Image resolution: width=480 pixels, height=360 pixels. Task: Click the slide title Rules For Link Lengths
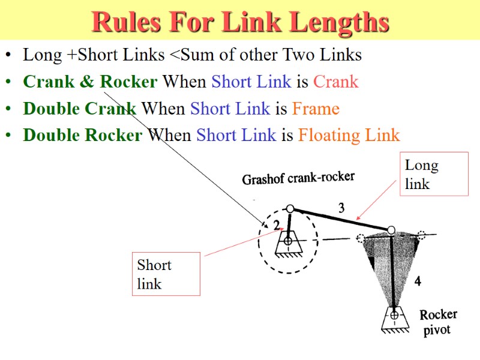click(240, 22)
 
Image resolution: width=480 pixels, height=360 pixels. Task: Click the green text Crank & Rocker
click(90, 81)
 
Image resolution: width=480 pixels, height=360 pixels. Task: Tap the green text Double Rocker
click(83, 135)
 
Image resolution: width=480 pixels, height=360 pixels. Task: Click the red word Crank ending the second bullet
click(335, 81)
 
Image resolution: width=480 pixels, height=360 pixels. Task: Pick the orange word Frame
click(316, 109)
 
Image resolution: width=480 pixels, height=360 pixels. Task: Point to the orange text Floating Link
click(349, 135)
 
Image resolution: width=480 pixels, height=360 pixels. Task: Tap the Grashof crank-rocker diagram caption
click(298, 178)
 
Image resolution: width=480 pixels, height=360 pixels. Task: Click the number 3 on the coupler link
click(341, 208)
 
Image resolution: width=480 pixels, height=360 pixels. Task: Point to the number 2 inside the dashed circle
click(277, 225)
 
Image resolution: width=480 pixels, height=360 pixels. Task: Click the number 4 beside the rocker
click(418, 280)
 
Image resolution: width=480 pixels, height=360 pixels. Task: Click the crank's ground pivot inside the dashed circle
click(288, 241)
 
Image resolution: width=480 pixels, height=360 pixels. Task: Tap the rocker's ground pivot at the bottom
click(394, 315)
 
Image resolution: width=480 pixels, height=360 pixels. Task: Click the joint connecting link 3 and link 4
click(391, 230)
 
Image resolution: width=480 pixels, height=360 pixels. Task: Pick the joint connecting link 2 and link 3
click(290, 209)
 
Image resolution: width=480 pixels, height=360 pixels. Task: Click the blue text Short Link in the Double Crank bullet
click(230, 109)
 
